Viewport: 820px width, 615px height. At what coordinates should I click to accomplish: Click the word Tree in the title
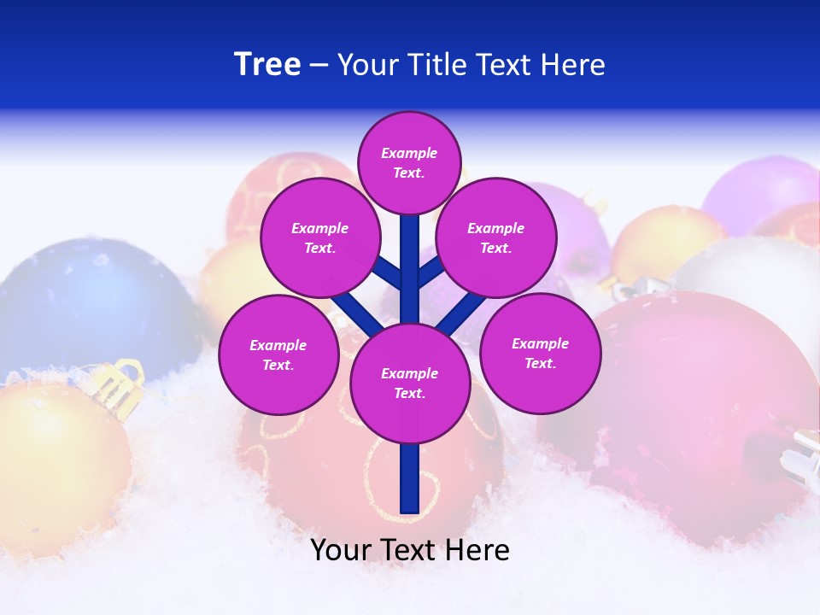267,65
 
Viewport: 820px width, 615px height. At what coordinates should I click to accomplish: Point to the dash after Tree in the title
319,66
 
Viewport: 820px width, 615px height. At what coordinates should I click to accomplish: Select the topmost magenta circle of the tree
409,162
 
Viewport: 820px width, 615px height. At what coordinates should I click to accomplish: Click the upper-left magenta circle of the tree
319,237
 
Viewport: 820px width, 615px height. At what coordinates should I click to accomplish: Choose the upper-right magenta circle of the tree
496,237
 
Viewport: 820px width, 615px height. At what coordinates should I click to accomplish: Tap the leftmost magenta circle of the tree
278,354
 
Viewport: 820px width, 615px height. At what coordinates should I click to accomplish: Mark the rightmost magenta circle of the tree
540,353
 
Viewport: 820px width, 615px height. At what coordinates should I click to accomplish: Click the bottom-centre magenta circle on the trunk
410,383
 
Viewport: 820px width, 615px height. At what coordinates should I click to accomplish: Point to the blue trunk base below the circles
410,478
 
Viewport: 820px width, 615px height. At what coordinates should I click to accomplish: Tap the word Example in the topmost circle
409,154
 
